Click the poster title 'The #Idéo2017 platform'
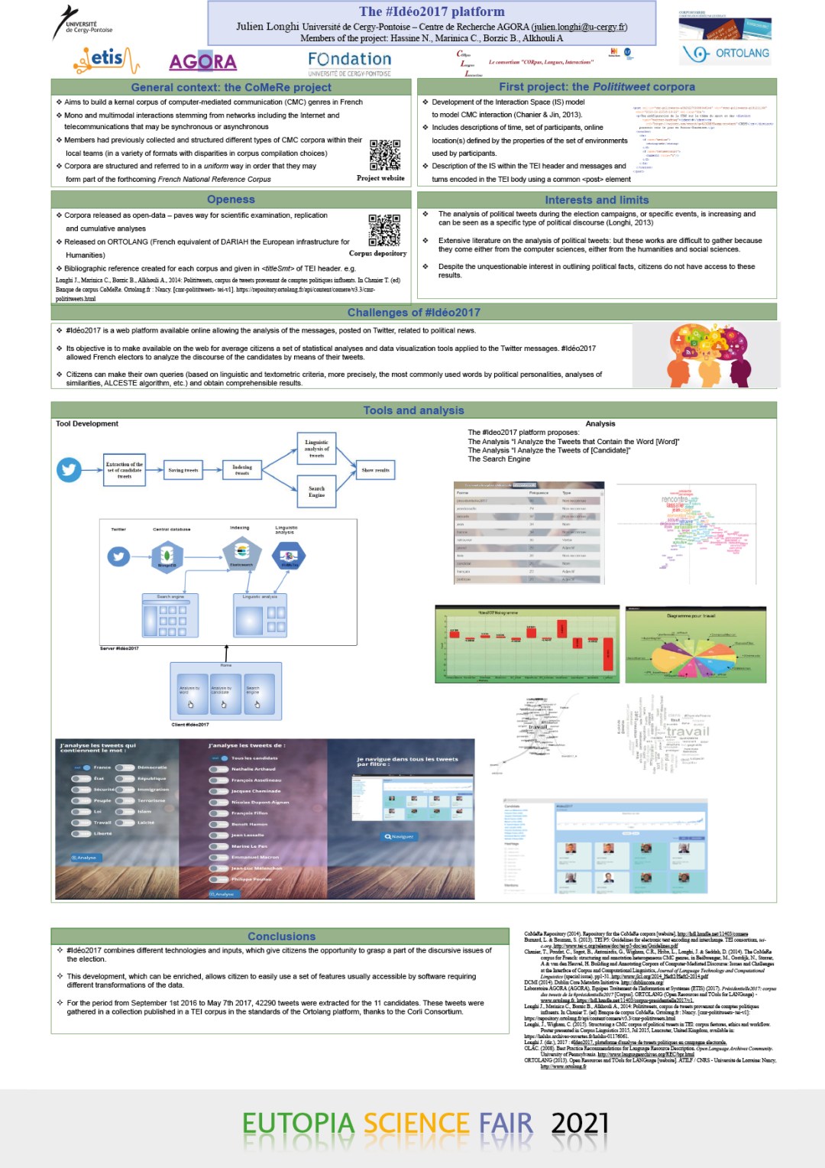432,11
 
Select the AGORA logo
202,61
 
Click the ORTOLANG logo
726,54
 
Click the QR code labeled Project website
385,155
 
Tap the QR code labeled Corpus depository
384,230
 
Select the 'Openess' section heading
231,200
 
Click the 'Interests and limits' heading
597,200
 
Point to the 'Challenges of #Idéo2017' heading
413,313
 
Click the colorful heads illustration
707,355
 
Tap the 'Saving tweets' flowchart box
183,470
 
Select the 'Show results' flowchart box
376,470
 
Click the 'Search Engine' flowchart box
316,491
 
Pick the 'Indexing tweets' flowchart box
242,469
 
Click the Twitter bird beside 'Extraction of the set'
70,469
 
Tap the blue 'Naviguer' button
400,836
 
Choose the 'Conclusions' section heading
281,936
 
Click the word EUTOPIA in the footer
299,1124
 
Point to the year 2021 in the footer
580,1124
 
